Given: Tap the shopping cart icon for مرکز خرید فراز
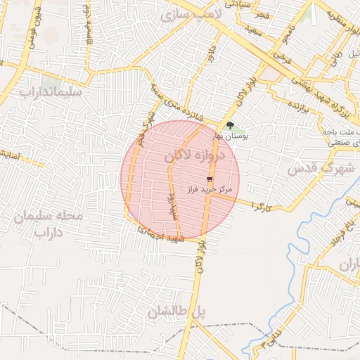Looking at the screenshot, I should point(210,180).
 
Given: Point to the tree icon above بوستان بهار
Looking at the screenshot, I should point(230,125).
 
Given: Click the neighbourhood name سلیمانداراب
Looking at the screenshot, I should point(51,92).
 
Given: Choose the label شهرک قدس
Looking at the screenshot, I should point(314,169).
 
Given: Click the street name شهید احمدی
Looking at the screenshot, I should point(161,236).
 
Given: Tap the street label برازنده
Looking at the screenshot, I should point(298,108).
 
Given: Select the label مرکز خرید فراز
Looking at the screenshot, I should point(209,190).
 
